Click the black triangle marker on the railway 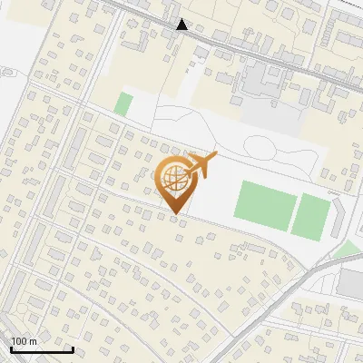coord(182,25)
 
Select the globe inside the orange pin coord(173,178)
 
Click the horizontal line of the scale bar coord(42,349)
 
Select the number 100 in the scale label coord(19,341)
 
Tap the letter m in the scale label coord(33,341)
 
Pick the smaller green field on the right coord(312,216)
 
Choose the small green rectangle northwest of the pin coord(123,103)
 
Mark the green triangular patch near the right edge coord(346,250)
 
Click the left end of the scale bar coord(11,349)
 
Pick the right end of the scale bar coord(73,349)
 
